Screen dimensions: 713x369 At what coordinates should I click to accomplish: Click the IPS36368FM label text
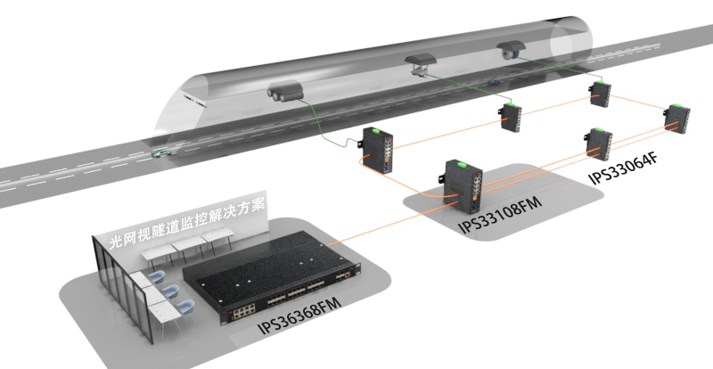point(299,316)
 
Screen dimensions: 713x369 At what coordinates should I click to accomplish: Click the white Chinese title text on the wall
point(187,223)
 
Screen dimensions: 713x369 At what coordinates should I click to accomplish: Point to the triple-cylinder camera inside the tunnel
point(285,92)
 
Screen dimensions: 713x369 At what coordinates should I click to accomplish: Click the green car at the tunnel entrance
point(163,153)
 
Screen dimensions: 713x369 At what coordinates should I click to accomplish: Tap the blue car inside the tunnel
point(494,82)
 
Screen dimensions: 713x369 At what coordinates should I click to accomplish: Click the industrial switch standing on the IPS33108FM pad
point(463,184)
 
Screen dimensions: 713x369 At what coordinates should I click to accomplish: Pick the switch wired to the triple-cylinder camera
point(377,150)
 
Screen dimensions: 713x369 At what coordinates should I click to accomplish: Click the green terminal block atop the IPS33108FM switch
point(463,164)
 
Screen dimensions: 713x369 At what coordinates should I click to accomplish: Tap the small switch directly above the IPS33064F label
point(600,143)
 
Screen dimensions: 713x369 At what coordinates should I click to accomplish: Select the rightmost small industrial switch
point(676,119)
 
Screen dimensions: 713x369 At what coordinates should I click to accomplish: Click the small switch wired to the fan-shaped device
point(601,94)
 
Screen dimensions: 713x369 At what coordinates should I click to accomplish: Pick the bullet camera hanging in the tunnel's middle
point(420,64)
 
